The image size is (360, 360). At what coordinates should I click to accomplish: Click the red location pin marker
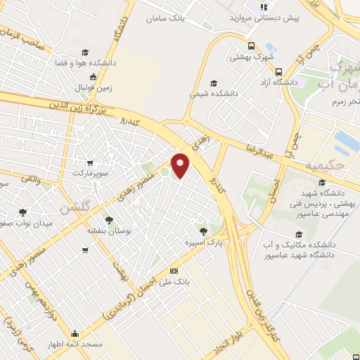(x=181, y=165)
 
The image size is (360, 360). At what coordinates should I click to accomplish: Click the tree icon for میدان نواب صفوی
(x=23, y=212)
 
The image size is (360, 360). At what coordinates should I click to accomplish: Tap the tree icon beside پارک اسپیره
(x=204, y=231)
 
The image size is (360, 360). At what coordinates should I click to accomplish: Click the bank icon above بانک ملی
(x=174, y=271)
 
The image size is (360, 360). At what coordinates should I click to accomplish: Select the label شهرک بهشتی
(x=254, y=56)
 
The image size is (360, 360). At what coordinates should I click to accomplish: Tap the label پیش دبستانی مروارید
(x=266, y=17)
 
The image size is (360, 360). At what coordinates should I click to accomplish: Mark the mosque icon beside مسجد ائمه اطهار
(x=75, y=333)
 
